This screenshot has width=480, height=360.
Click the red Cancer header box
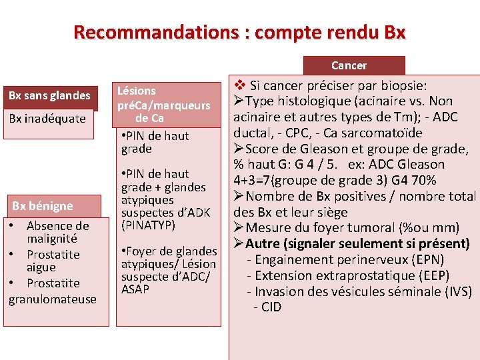pyautogui.click(x=349, y=65)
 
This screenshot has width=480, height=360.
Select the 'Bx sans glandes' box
pyautogui.click(x=49, y=95)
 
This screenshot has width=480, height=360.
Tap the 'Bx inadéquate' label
pyautogui.click(x=47, y=119)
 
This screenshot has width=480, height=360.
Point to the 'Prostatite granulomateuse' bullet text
pyautogui.click(x=53, y=291)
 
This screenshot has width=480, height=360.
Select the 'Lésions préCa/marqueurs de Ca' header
pyautogui.click(x=163, y=105)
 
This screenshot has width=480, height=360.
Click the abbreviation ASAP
pyautogui.click(x=135, y=289)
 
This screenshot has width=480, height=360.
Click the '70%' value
pyautogui.click(x=423, y=180)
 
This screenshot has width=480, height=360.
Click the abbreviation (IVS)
pyautogui.click(x=457, y=291)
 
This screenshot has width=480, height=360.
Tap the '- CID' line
pyautogui.click(x=267, y=307)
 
